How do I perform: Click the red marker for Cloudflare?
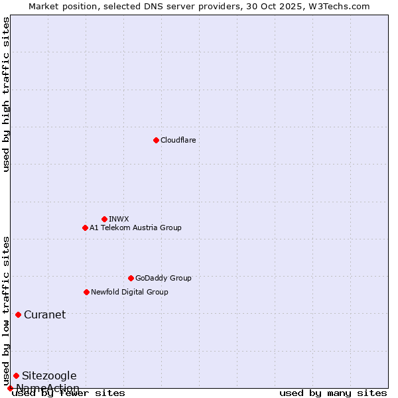156,140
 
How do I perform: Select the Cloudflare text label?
178,140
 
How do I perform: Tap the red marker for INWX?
104,219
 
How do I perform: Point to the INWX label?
119,219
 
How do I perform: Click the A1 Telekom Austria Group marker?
85,228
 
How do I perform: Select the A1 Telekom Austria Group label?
135,228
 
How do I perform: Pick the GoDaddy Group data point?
131,278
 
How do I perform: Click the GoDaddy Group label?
163,278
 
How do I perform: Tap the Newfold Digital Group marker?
86,292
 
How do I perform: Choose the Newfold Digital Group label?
129,292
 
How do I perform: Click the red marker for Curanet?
18,314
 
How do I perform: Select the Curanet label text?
44,314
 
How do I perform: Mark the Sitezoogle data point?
16,375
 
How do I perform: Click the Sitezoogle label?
49,375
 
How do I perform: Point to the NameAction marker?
10,388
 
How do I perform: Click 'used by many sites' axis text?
333,393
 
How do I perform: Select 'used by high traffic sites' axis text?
7,94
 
